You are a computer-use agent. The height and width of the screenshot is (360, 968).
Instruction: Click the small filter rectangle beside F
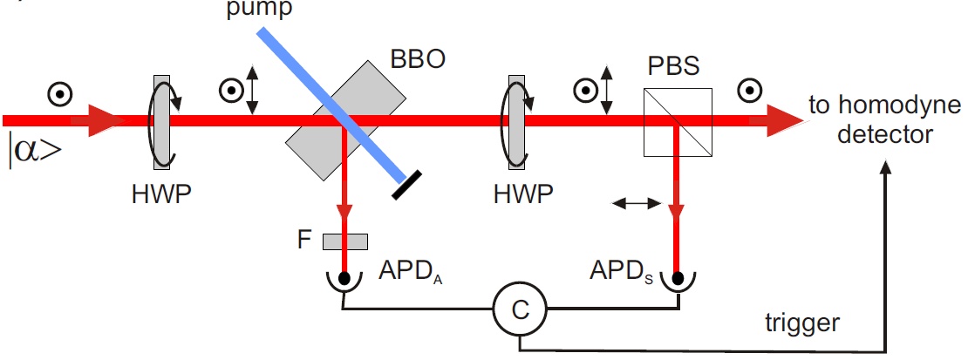pos(344,241)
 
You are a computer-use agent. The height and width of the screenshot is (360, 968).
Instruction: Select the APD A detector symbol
pos(345,279)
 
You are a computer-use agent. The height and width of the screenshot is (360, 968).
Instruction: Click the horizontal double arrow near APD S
pos(634,203)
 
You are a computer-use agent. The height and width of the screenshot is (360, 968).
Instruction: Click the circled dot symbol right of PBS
pos(747,90)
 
